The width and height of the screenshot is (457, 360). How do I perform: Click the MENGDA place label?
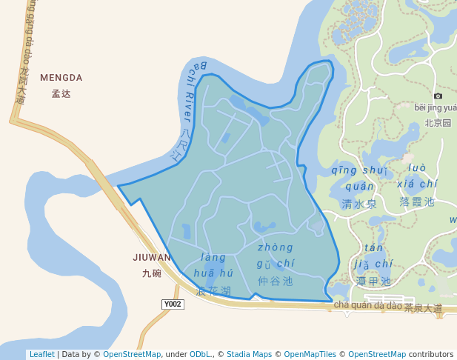pyautogui.click(x=61, y=78)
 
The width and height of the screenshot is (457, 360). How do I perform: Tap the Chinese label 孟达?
pyautogui.click(x=61, y=94)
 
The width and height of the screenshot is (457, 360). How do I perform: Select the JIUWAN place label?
pyautogui.click(x=152, y=258)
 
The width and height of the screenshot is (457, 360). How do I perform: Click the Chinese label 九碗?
pyautogui.click(x=152, y=273)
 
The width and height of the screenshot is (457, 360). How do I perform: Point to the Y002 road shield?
pyautogui.click(x=173, y=304)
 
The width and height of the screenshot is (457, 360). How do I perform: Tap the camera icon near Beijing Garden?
pyautogui.click(x=438, y=96)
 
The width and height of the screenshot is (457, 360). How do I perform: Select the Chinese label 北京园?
pyautogui.click(x=438, y=123)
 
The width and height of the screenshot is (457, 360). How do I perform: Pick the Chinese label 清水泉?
pyautogui.click(x=359, y=204)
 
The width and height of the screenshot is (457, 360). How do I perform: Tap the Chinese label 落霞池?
pyautogui.click(x=417, y=201)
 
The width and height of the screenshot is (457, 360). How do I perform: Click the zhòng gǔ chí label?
pyautogui.click(x=276, y=256)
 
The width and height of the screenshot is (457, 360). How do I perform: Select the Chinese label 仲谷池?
pyautogui.click(x=276, y=281)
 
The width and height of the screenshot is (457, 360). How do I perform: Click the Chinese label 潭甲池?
pyautogui.click(x=373, y=281)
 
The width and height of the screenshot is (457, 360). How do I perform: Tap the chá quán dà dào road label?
pyautogui.click(x=367, y=305)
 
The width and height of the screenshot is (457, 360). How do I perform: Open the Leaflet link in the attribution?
pyautogui.click(x=41, y=355)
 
